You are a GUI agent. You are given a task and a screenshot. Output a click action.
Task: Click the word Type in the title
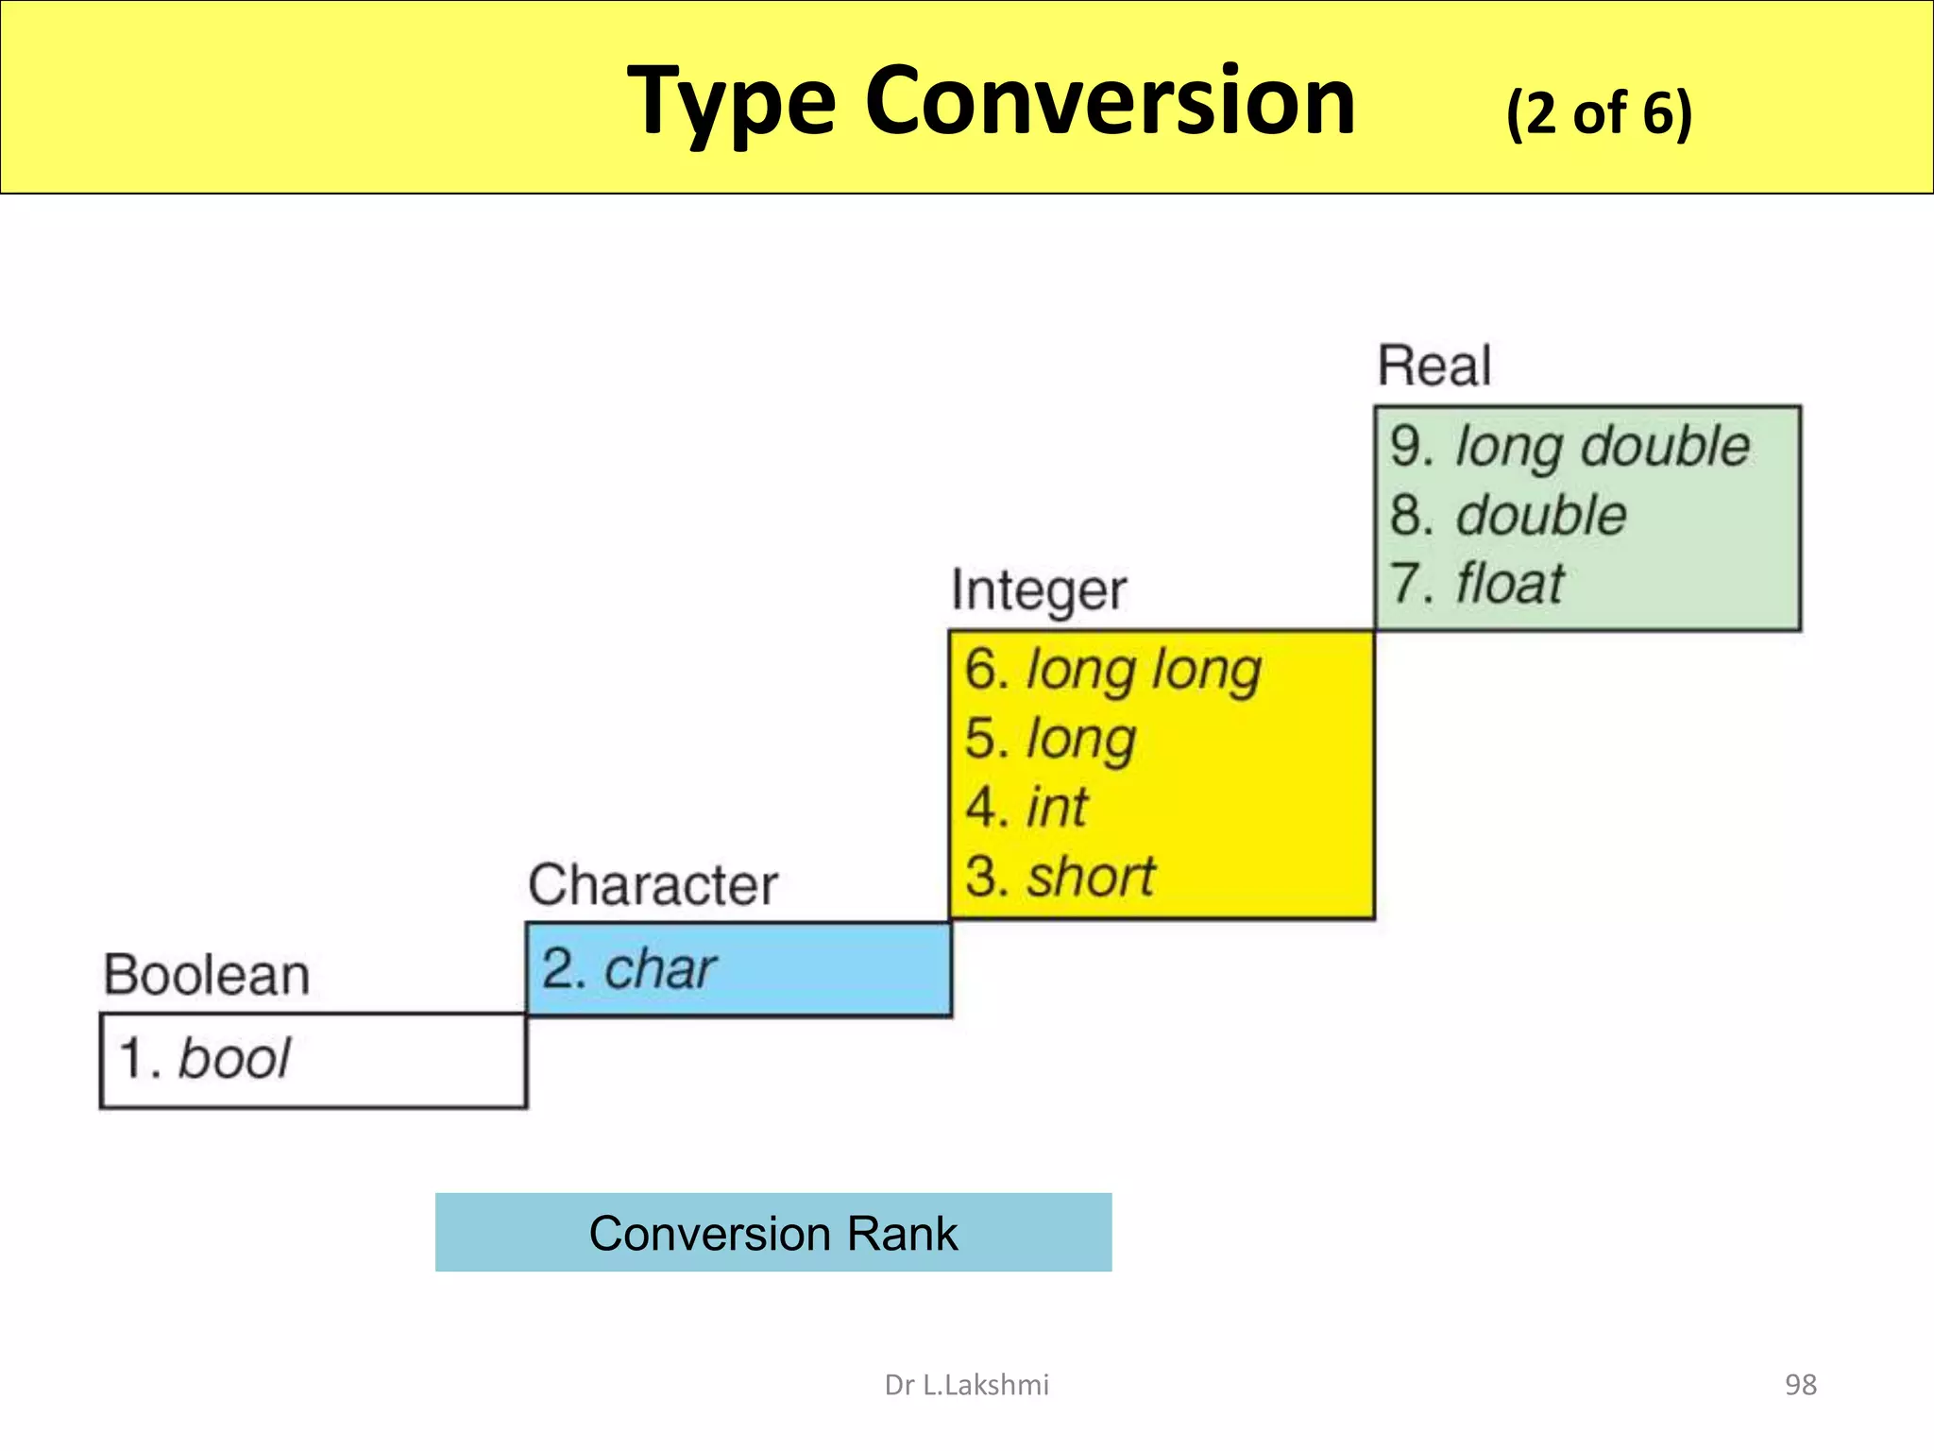tap(732, 102)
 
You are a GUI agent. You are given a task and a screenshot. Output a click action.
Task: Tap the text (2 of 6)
tap(1599, 113)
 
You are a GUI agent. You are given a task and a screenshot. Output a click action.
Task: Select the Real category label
tap(1434, 367)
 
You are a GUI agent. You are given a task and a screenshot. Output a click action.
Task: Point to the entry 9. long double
tap(1569, 447)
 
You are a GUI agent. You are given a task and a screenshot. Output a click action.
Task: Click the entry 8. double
tap(1508, 516)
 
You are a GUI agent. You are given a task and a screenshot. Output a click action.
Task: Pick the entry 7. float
tap(1477, 584)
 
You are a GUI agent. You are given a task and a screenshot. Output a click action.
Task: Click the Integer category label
tap(1039, 591)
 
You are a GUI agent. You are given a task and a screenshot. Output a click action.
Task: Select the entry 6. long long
tap(1112, 671)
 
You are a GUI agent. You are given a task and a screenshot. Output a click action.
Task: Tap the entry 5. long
tap(1050, 739)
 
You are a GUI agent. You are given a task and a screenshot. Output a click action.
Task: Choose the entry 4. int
tap(1026, 808)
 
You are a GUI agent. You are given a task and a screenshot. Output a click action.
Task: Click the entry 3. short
tap(1060, 877)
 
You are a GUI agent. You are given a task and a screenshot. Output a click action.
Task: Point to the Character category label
tap(653, 886)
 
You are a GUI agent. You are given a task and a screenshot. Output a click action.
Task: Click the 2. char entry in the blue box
tap(629, 969)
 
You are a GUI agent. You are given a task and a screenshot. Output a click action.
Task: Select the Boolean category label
tap(207, 976)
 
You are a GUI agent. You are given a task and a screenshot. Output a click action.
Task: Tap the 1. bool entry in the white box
tap(204, 1058)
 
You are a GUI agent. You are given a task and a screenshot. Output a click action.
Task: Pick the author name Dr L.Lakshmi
tap(966, 1385)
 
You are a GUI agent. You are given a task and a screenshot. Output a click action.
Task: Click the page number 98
tap(1800, 1385)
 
